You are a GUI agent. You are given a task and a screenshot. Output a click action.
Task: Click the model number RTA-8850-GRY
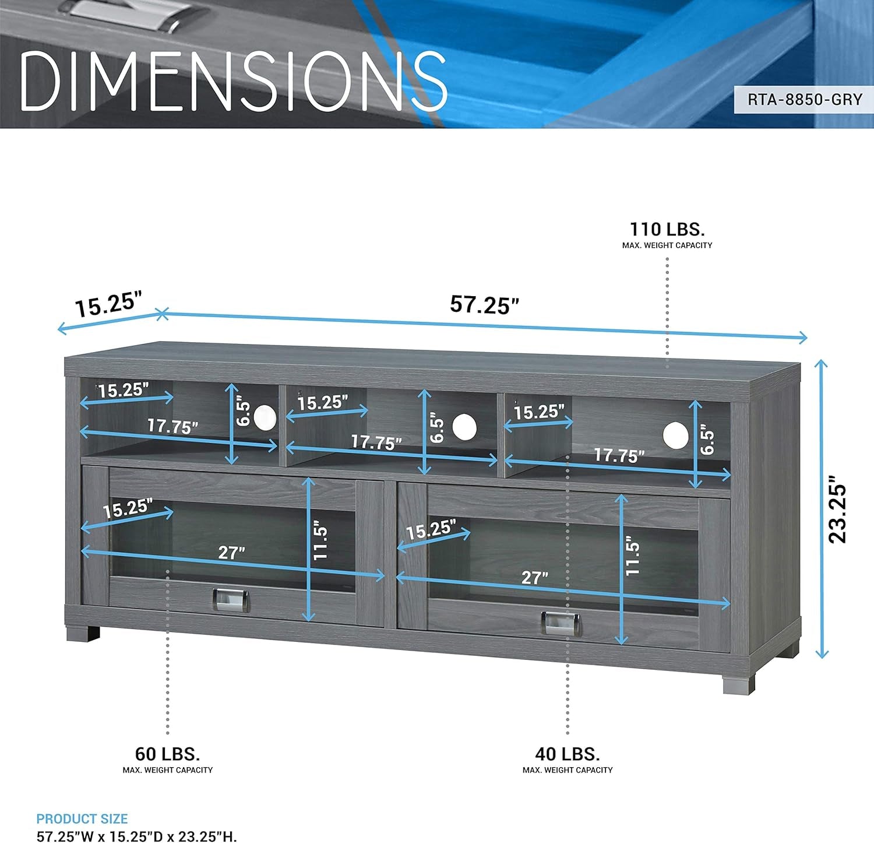[x=805, y=100]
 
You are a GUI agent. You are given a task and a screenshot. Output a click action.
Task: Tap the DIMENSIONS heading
[x=233, y=81]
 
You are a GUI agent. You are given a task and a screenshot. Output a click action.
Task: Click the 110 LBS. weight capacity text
[x=667, y=229]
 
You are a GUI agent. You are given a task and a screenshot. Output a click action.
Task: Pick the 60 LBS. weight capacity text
[x=167, y=754]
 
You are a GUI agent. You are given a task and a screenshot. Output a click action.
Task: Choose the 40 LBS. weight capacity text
[x=568, y=754]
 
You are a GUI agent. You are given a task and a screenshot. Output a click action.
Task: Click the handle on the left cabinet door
[x=230, y=600]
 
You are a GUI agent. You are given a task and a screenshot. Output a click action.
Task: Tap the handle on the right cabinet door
[x=561, y=623]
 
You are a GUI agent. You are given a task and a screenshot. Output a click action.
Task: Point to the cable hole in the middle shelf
[x=464, y=427]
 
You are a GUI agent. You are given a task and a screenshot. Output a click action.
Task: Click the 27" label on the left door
[x=231, y=552]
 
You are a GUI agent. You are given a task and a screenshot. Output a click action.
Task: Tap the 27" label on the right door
[x=534, y=577]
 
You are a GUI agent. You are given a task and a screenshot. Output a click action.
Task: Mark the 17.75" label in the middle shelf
[x=376, y=442]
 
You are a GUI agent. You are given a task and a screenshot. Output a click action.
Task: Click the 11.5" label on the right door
[x=633, y=558]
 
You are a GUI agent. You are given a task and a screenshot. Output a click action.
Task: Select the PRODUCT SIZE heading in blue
[x=82, y=819]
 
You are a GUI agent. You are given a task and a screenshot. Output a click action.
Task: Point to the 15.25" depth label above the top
[x=109, y=305]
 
